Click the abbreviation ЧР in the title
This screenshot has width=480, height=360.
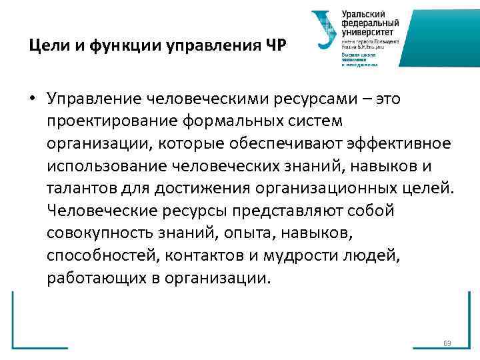pyautogui.click(x=277, y=47)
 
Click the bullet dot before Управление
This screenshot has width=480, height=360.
pyautogui.click(x=32, y=99)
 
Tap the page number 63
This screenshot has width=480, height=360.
pyautogui.click(x=447, y=343)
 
